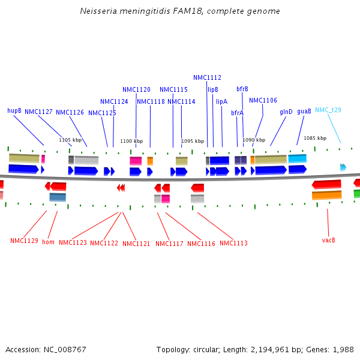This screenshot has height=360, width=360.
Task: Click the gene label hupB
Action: coord(14,110)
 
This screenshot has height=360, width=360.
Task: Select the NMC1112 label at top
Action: coord(207,77)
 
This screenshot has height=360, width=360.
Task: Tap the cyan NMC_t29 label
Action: coord(328,110)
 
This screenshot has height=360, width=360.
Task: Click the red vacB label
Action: coord(328,240)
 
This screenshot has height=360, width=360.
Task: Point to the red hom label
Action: coord(48,242)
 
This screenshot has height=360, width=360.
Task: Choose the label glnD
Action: coord(286,112)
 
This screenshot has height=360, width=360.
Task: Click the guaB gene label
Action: coord(304,111)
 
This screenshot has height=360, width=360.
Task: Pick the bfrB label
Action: coord(242,89)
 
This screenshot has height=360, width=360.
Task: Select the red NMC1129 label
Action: coord(24,241)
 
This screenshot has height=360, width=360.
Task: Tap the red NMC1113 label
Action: coord(233,243)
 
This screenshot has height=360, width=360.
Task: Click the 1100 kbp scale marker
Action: coord(131,141)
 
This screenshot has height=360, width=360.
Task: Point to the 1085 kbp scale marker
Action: coord(315,138)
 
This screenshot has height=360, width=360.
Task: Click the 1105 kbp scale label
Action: coord(70,140)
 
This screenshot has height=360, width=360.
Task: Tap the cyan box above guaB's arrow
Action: coord(297,158)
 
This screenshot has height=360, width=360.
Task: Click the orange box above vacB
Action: coord(326,195)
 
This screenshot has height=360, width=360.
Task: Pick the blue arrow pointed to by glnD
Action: coord(271,170)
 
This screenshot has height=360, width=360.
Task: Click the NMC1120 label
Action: coord(136,89)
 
